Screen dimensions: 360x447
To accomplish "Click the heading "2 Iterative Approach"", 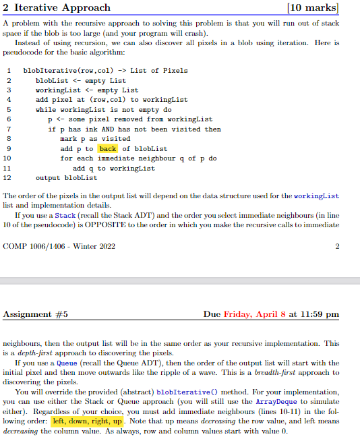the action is (57, 8).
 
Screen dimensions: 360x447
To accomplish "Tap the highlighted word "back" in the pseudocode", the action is (108, 148).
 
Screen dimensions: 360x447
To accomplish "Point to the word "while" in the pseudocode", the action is (45, 109).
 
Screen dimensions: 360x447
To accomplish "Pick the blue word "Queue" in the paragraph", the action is (65, 363).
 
